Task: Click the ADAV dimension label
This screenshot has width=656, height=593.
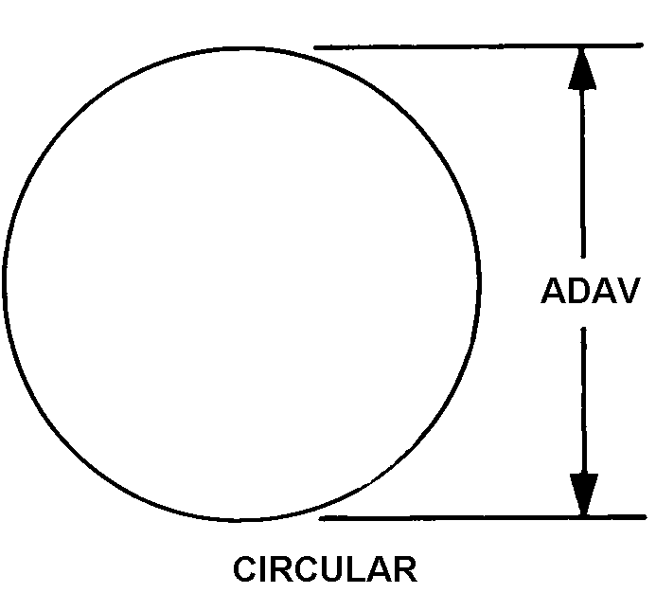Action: [591, 290]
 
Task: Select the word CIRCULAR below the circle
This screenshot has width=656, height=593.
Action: [325, 568]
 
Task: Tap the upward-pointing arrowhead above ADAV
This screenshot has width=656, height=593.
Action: [582, 69]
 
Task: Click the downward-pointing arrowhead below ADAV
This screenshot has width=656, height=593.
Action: [584, 494]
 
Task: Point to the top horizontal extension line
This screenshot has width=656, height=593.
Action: [479, 46]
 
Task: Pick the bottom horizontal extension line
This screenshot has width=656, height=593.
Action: [483, 518]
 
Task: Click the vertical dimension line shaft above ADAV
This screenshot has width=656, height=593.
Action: [583, 173]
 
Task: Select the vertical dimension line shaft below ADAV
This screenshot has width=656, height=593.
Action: [584, 401]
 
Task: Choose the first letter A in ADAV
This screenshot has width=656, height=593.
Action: [553, 290]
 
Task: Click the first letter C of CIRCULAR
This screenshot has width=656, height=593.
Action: [245, 568]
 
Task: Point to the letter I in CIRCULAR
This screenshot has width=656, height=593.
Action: [263, 568]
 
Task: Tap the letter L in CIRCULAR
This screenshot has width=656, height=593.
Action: [360, 568]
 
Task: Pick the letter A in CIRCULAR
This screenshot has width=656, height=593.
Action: [381, 568]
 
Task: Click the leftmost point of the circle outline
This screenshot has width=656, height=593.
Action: [4, 280]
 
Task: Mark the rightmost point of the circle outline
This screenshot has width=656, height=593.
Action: [479, 281]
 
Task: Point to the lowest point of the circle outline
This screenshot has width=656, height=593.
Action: [239, 520]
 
